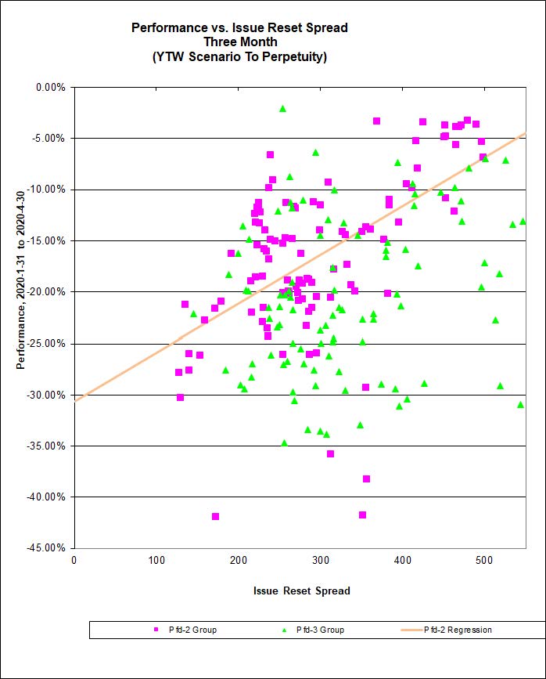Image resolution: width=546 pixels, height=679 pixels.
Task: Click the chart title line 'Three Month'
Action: coord(239,42)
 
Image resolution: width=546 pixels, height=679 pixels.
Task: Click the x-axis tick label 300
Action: coord(239,560)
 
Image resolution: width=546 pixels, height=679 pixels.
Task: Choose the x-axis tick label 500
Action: coord(403,560)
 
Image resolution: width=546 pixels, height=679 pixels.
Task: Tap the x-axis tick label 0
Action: coord(74,560)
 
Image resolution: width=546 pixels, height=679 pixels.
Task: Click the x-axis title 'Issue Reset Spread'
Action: coord(301,590)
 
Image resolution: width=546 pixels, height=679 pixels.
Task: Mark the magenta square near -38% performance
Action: coord(366,479)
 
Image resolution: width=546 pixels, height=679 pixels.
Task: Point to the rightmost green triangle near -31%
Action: coord(520,404)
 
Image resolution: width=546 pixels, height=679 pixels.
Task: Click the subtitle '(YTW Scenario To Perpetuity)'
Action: coord(239,56)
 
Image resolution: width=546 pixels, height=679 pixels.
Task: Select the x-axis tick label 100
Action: coord(156,560)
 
